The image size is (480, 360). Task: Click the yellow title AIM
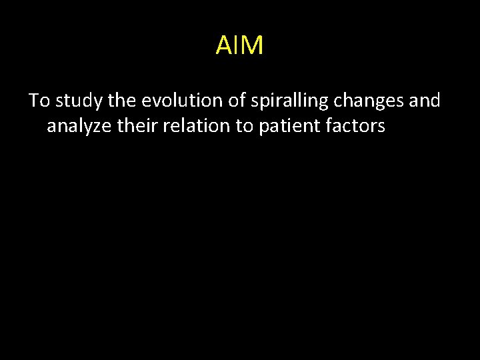click(x=240, y=46)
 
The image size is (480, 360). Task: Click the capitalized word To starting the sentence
click(x=39, y=101)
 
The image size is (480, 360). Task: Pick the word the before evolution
click(x=121, y=101)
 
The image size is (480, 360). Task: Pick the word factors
click(x=355, y=125)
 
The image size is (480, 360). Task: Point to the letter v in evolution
click(x=155, y=101)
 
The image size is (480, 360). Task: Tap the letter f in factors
click(x=329, y=125)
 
